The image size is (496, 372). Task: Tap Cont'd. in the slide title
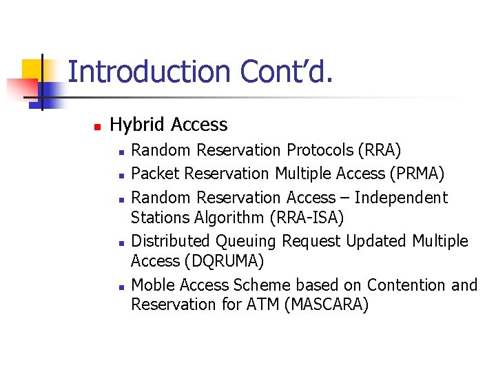coord(286,72)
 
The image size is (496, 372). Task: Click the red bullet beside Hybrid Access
coord(97,126)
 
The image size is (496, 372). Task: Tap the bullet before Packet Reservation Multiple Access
coord(121,174)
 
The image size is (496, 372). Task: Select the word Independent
coord(402,198)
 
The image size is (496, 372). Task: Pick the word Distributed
coord(171,241)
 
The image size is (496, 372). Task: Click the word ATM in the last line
coord(262,304)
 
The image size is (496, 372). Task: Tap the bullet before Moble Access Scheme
coord(121,286)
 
